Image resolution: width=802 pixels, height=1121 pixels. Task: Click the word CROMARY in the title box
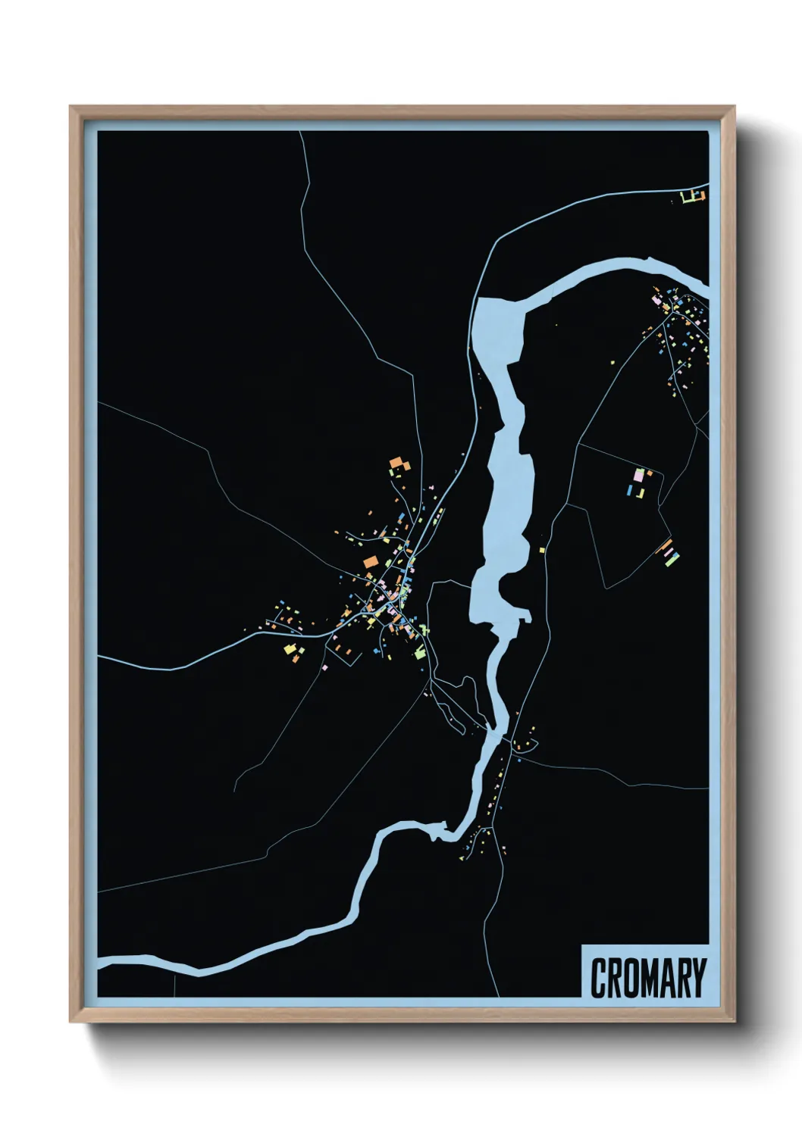click(x=647, y=978)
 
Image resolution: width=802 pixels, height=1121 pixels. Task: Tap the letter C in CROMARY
click(x=597, y=978)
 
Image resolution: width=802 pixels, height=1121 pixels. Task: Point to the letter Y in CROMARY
click(x=698, y=978)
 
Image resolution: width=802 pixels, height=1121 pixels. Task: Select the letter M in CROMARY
click(x=648, y=978)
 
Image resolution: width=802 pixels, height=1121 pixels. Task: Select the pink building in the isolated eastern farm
click(x=638, y=475)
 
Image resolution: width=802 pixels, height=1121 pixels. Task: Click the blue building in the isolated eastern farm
click(x=629, y=491)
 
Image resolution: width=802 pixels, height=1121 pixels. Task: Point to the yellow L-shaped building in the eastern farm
click(x=641, y=493)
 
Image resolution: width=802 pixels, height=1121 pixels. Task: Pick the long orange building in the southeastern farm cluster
click(x=664, y=547)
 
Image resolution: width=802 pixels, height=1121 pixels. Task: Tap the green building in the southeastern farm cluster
click(x=672, y=559)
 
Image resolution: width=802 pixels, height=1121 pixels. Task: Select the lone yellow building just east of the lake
click(x=543, y=550)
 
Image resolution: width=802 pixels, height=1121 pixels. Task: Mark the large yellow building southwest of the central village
click(x=290, y=649)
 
